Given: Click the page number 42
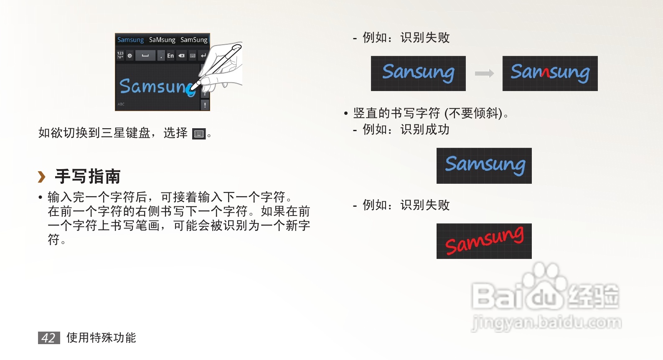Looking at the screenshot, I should (48, 337).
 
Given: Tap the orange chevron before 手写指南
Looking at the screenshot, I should (41, 177).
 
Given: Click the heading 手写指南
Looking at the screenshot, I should (88, 177).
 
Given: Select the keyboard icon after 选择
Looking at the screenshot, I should (199, 134).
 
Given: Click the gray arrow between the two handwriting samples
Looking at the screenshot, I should (484, 74).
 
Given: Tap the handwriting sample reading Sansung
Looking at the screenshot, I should (418, 74).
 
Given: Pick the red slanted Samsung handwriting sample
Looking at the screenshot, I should (484, 241).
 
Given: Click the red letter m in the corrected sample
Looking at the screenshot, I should (545, 73).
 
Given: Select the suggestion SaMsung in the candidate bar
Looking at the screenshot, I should (162, 40).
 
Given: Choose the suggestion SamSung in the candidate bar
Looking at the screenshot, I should (194, 40).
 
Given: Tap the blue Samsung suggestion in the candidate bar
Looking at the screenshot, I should (130, 40).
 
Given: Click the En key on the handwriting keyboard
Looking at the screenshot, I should (170, 56).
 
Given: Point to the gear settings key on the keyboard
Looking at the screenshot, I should (130, 56).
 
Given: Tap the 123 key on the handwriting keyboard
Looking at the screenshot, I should (120, 55).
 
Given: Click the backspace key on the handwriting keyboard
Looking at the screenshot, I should (181, 56).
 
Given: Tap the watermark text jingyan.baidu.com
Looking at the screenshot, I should (546, 322).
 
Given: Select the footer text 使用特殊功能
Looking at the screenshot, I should (101, 337).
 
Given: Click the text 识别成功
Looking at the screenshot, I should (425, 129).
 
